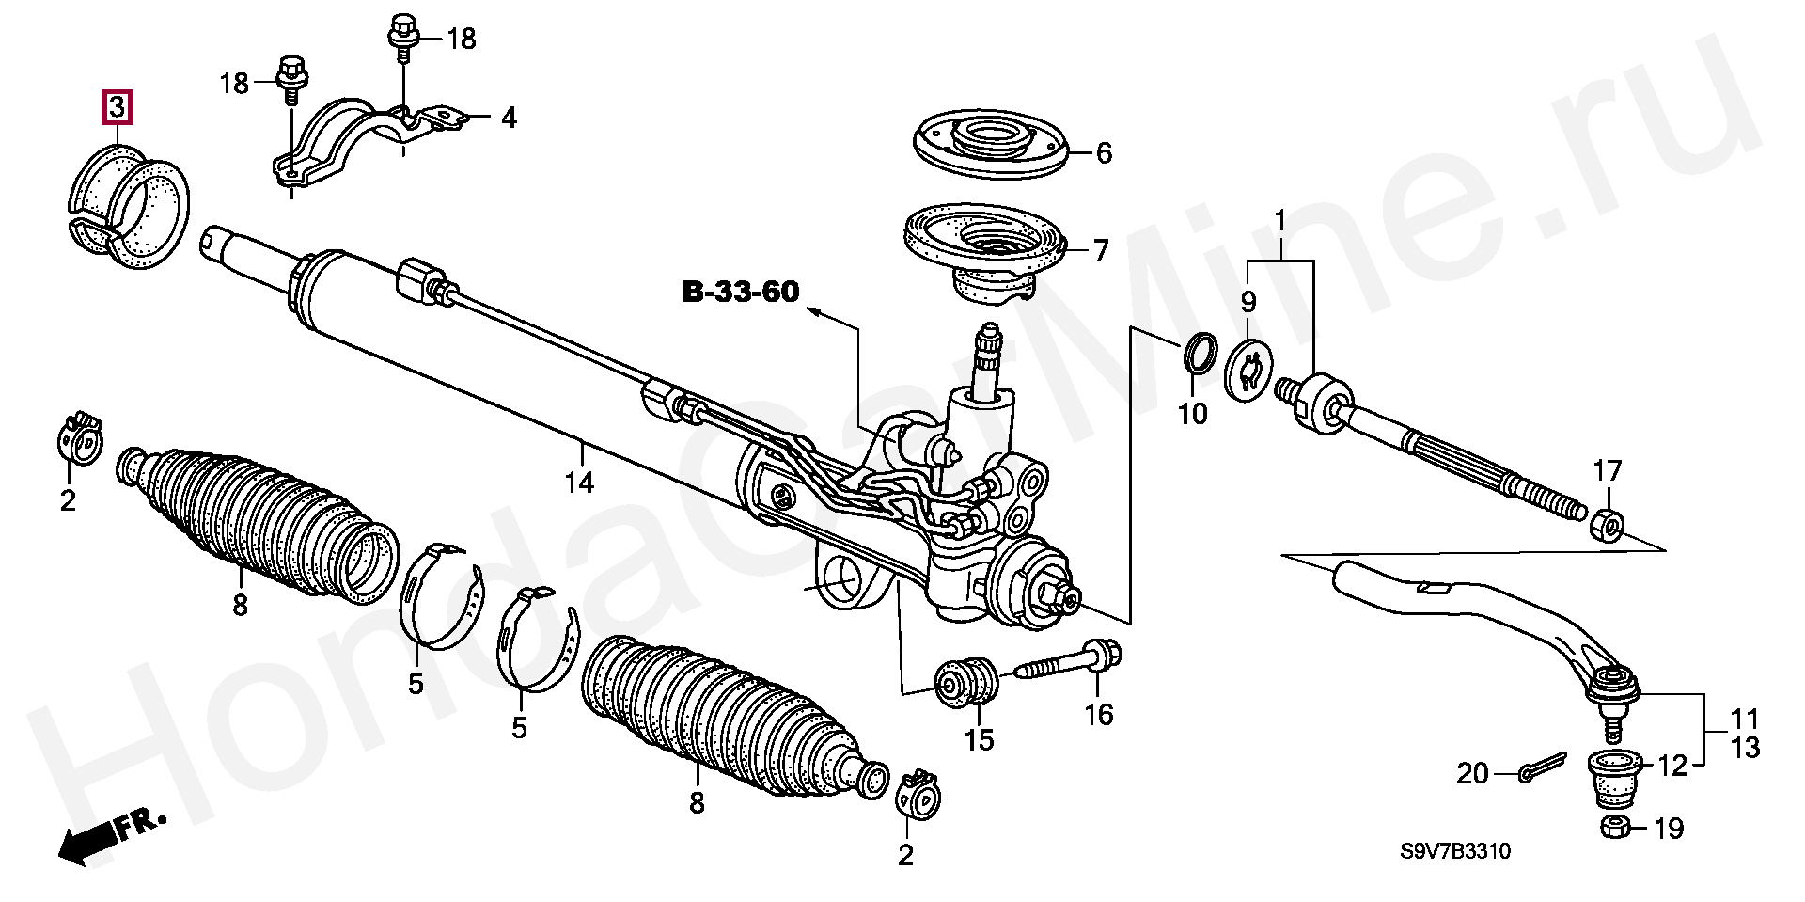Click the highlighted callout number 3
point(117,108)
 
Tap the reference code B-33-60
point(741,293)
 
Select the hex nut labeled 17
point(1608,524)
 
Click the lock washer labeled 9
point(1248,371)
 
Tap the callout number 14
point(580,483)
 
